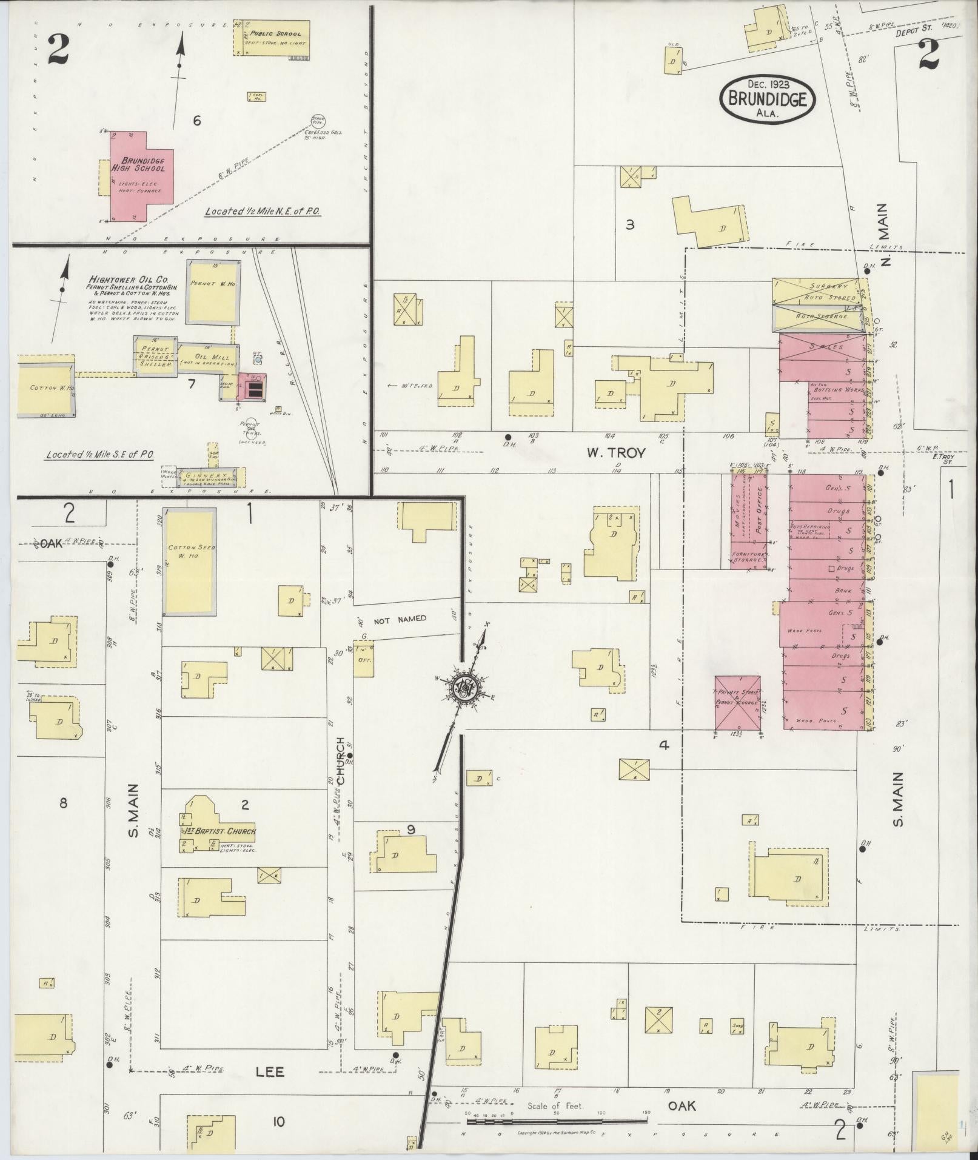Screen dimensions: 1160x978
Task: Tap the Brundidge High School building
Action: [137, 176]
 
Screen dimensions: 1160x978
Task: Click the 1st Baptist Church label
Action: [220, 831]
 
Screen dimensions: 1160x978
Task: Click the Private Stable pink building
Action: [737, 702]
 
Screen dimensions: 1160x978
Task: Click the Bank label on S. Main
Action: [843, 589]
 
